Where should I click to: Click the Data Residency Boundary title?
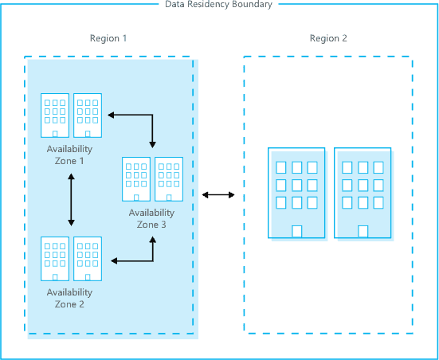[x=218, y=5]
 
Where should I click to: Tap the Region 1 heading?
[x=108, y=38]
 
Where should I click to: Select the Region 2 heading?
[x=328, y=38]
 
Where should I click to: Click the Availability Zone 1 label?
[x=69, y=155]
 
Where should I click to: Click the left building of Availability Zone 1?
[x=55, y=116]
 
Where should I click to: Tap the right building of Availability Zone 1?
[x=88, y=116]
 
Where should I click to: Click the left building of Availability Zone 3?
[x=136, y=180]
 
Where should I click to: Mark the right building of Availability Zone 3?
[x=169, y=180]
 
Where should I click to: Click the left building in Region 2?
[x=296, y=193]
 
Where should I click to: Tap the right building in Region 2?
[x=363, y=193]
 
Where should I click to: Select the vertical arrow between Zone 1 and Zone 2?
[x=72, y=200]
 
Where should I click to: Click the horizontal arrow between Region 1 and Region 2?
[x=218, y=194]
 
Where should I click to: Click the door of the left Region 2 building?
[x=296, y=232]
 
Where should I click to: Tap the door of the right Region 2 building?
[x=363, y=232]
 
